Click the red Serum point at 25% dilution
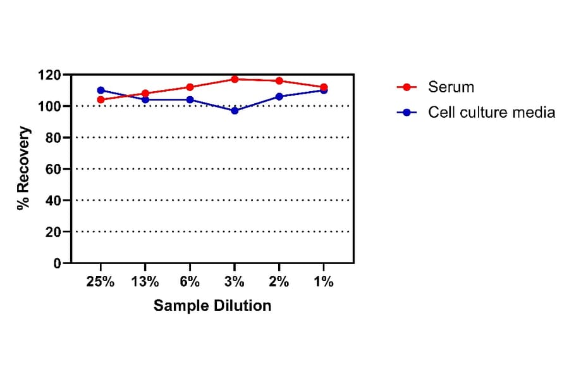(101, 99)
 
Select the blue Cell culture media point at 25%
(101, 91)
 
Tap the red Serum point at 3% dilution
(235, 79)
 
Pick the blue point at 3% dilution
(235, 111)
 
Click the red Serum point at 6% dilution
(190, 87)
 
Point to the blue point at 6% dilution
(190, 99)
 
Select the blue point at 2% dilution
(279, 96)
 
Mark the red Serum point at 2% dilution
(279, 81)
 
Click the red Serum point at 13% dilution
(145, 93)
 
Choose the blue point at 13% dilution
(145, 99)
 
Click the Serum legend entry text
(451, 87)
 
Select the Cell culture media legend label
(491, 112)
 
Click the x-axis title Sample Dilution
(212, 306)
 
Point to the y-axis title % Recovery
(23, 168)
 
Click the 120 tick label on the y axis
(49, 75)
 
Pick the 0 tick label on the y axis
(57, 263)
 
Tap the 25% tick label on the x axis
(101, 282)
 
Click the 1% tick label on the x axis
(323, 282)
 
